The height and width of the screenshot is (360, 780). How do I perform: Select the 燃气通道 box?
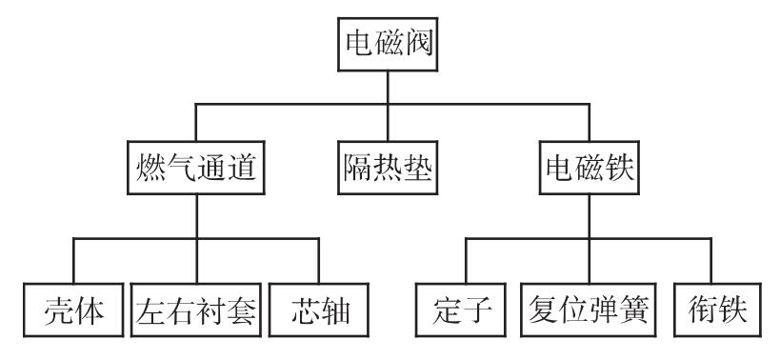tap(194, 170)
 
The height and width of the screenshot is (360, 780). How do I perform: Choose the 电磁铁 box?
tap(589, 170)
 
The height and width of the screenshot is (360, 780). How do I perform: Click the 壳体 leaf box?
tap(74, 311)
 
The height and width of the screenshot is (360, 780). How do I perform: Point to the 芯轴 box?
tap(317, 311)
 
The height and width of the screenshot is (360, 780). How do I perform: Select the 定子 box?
tap(465, 311)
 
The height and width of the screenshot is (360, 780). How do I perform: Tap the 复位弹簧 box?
tap(588, 311)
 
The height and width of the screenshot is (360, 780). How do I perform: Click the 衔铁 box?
tap(710, 311)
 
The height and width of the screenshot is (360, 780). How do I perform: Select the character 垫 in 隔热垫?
tap(418, 170)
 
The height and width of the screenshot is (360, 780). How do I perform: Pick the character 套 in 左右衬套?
tap(243, 311)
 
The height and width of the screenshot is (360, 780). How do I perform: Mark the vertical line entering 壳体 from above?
tap(73, 263)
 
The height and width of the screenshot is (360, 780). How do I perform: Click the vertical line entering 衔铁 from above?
tap(710, 263)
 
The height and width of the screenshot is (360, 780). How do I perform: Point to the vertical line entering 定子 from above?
tap(466, 263)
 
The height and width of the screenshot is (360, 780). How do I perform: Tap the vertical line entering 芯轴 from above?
tap(318, 263)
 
